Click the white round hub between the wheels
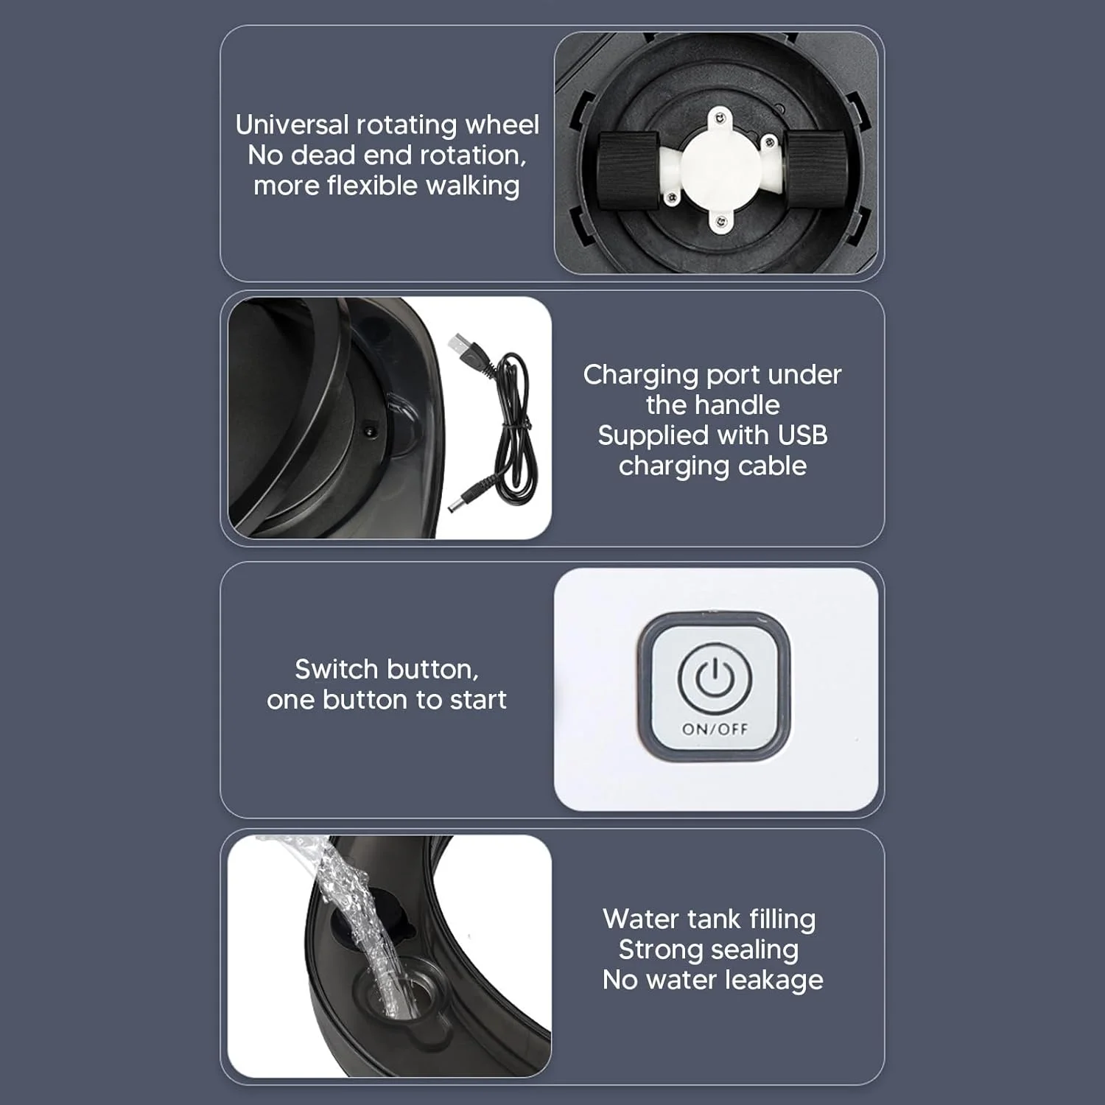[720, 165]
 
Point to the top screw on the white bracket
[720, 117]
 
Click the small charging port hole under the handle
[370, 427]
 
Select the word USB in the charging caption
[802, 435]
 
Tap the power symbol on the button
[714, 678]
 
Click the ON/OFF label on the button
[715, 729]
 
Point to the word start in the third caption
[478, 700]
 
